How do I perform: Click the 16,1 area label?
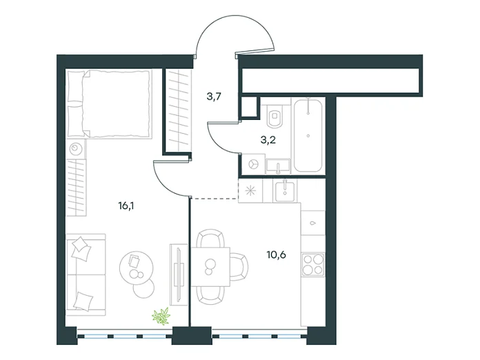(x=126, y=206)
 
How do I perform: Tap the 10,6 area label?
(x=276, y=254)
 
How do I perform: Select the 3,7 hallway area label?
(x=214, y=97)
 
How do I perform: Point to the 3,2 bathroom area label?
(x=268, y=140)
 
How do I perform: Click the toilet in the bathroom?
(x=274, y=116)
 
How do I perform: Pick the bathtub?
(x=308, y=135)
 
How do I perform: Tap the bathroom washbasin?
(x=278, y=166)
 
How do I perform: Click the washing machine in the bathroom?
(x=253, y=164)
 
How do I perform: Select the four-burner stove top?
(x=312, y=264)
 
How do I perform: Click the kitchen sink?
(x=285, y=191)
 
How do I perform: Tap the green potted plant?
(x=161, y=316)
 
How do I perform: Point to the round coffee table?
(x=137, y=267)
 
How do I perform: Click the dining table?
(x=210, y=267)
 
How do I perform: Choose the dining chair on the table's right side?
(x=239, y=267)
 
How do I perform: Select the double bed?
(x=110, y=103)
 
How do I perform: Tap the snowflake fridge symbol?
(x=251, y=191)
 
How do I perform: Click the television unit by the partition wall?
(x=179, y=274)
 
